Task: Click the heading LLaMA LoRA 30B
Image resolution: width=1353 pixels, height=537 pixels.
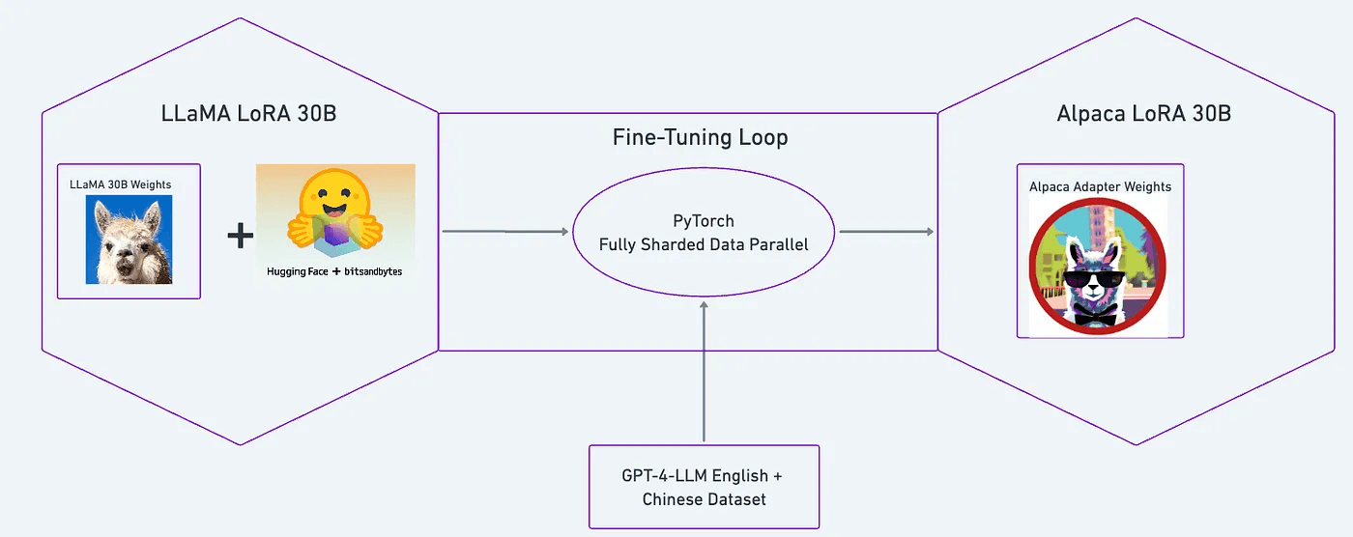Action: pyautogui.click(x=248, y=114)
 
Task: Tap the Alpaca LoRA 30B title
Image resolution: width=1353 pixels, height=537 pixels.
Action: pyautogui.click(x=1143, y=114)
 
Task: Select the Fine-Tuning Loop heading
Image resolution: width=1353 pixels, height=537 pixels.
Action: pyautogui.click(x=700, y=138)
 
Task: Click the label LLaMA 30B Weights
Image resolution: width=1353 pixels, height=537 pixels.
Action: pyautogui.click(x=120, y=184)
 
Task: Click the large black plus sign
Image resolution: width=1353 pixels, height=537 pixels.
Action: pyautogui.click(x=240, y=235)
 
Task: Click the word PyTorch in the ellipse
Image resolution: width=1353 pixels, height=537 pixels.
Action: pyautogui.click(x=703, y=222)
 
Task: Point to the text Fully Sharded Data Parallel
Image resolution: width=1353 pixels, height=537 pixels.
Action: pyautogui.click(x=703, y=245)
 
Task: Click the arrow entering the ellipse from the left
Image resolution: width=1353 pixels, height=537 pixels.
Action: pyautogui.click(x=504, y=232)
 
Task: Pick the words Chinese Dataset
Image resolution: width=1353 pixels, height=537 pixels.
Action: pyautogui.click(x=704, y=498)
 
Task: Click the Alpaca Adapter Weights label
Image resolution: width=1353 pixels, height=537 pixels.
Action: pyautogui.click(x=1100, y=186)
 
